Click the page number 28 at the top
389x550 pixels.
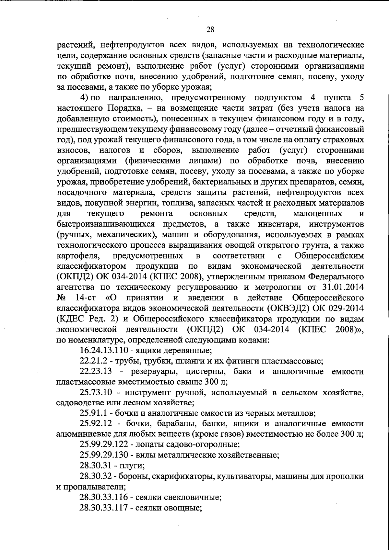tap(210, 30)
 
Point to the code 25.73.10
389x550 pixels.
tap(96, 393)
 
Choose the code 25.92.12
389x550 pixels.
tap(96, 424)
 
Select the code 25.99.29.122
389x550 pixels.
tap(103, 445)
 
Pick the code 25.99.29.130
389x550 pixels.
tap(103, 455)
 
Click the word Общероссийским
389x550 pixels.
tap(329, 256)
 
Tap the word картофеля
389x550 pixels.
tap(78, 256)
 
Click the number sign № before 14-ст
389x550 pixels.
tap(61, 297)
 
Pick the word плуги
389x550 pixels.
tap(133, 466)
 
